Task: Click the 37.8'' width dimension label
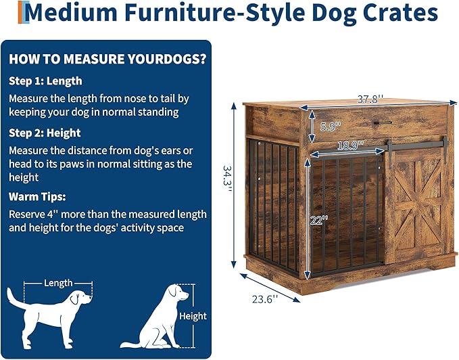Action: [370, 99]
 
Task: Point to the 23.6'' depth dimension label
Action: [264, 298]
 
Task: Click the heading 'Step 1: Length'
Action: [46, 81]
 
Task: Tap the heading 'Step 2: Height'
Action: [45, 133]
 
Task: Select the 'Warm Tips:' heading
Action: [37, 197]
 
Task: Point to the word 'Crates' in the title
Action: [399, 12]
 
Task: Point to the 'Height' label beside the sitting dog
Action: [193, 316]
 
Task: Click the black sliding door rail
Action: [412, 143]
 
